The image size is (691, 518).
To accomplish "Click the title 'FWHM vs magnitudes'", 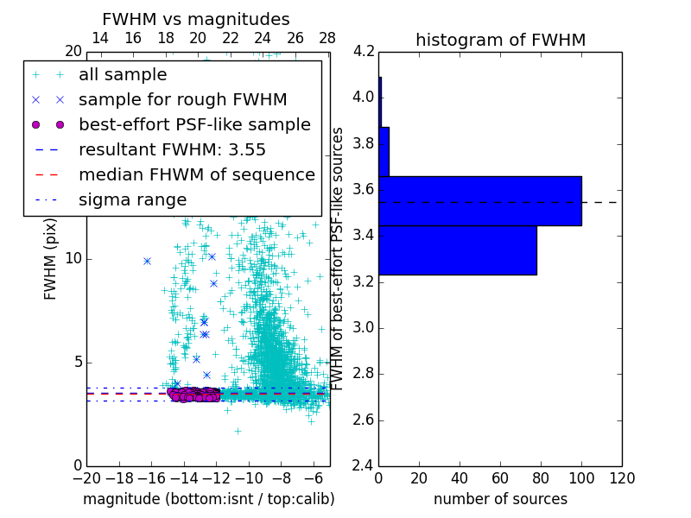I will coord(196,19).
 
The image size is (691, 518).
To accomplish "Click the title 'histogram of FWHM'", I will coord(500,40).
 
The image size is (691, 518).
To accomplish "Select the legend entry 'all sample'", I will coord(123,75).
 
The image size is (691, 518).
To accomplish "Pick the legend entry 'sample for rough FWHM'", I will coord(183,99).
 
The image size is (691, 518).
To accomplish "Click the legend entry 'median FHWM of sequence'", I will coord(197,174).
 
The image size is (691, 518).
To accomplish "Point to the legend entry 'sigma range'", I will coord(132,199).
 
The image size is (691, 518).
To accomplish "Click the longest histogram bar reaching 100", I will coord(479,201).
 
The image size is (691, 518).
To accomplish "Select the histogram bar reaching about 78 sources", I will coord(457,250).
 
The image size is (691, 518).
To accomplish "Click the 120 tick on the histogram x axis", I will coord(621,477).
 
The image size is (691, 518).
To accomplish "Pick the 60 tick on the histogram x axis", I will coord(500,477).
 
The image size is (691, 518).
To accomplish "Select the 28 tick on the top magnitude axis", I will coord(327,38).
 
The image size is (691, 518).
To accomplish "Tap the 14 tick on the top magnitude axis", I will coord(100,38).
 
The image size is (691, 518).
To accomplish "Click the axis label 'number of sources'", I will coord(500,499).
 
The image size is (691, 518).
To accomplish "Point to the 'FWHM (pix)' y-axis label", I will coord(51,259).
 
